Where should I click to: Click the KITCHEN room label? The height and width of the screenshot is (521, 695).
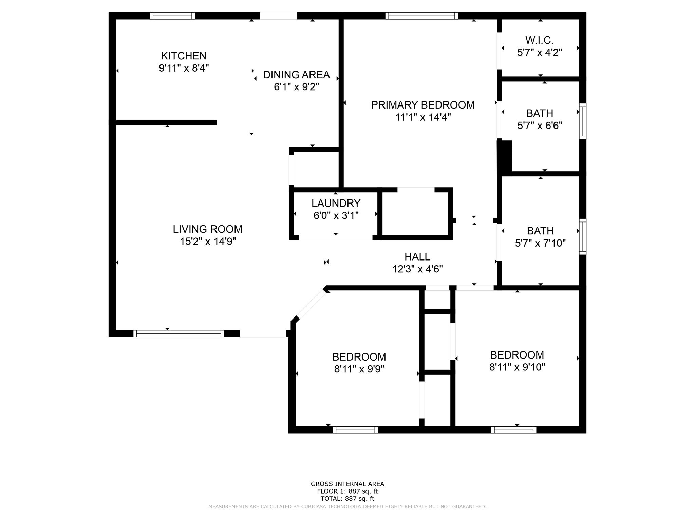pyautogui.click(x=184, y=56)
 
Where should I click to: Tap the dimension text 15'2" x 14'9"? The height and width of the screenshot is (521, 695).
pyautogui.click(x=208, y=242)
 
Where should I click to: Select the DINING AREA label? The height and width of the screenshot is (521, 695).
pyautogui.click(x=296, y=75)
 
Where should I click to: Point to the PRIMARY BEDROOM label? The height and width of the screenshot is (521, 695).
pyautogui.click(x=422, y=105)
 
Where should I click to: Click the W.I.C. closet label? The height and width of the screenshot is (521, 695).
pyautogui.click(x=539, y=40)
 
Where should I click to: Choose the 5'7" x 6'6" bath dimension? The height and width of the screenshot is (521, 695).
pyautogui.click(x=540, y=126)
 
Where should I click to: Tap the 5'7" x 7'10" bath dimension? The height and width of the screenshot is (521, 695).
pyautogui.click(x=540, y=243)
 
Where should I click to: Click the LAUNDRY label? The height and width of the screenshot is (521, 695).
pyautogui.click(x=336, y=203)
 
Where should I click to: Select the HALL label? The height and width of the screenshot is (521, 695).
pyautogui.click(x=417, y=256)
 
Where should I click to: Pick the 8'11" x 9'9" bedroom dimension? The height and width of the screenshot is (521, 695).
pyautogui.click(x=359, y=369)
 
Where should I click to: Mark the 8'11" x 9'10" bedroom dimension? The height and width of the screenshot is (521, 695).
pyautogui.click(x=517, y=367)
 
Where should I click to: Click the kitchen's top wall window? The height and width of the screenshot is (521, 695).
pyautogui.click(x=172, y=16)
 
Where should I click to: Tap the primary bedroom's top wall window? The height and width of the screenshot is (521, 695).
pyautogui.click(x=421, y=16)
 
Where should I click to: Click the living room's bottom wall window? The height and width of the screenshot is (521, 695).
pyautogui.click(x=179, y=333)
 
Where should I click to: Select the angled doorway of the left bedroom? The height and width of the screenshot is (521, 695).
pyautogui.click(x=311, y=304)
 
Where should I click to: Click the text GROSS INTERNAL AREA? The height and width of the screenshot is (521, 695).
pyautogui.click(x=347, y=484)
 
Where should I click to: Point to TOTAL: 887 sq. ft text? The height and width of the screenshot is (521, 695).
pyautogui.click(x=347, y=499)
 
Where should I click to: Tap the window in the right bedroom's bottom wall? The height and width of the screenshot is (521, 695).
pyautogui.click(x=513, y=430)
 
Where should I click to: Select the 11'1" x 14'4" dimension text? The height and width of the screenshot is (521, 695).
pyautogui.click(x=423, y=117)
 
